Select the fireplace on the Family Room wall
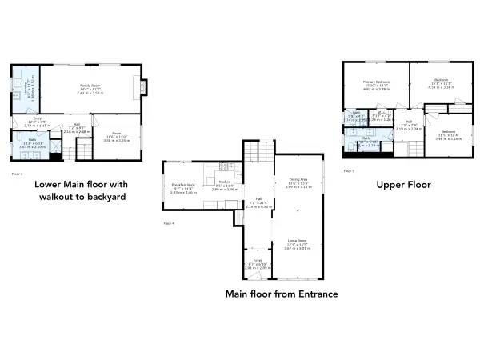pyautogui.click(x=143, y=86)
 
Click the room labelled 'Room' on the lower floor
pyautogui.click(x=116, y=136)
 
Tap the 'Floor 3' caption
pyautogui.click(x=16, y=172)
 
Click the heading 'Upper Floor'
pyautogui.click(x=404, y=185)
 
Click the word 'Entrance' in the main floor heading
pyautogui.click(x=313, y=294)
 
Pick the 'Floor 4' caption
pyautogui.click(x=169, y=222)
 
